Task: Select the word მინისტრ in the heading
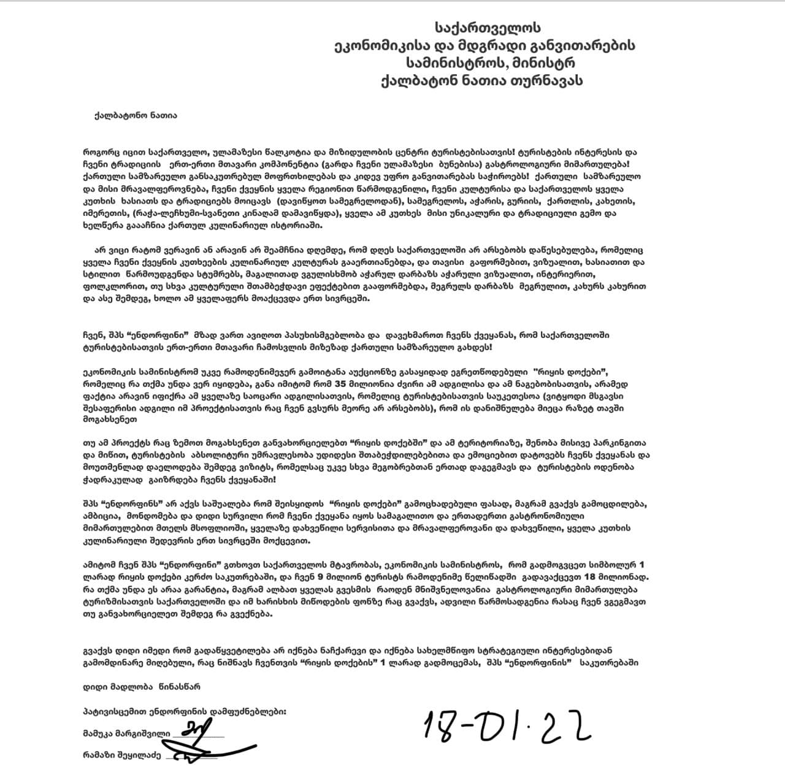540,63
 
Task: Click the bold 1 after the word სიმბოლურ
642,564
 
